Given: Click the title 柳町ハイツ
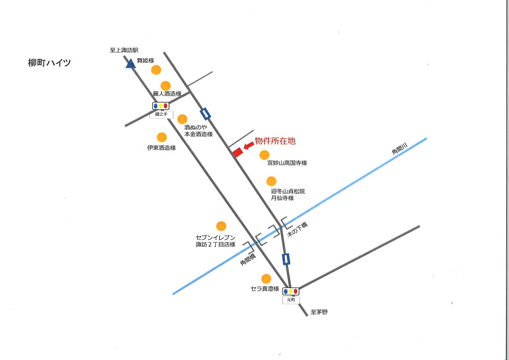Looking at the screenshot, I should pos(49,63).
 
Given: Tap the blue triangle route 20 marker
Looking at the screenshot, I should pos(130,64).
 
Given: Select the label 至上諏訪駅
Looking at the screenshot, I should pos(124,51).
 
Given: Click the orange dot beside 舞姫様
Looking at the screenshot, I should pos(156,70).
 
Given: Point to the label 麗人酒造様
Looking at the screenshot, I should pos(167,93).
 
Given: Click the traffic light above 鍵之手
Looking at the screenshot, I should pos(161,106).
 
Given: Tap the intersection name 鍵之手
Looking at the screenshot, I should pos(161,115).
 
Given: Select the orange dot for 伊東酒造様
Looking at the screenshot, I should pos(161,137).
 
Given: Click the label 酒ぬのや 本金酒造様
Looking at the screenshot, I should pos(198,131).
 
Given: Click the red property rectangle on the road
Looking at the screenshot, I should pos(237,152).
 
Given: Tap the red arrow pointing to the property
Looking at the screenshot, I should pos(248,146).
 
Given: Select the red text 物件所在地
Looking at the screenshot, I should pos(275,141).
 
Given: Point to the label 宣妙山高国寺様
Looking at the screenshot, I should pos(287,163).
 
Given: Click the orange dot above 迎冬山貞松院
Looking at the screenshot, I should pos(271,181).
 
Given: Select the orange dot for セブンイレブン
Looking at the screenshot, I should pos(221,226).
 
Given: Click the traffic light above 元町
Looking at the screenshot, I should pos(291,291).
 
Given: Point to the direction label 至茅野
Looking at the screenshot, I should pos(319,312).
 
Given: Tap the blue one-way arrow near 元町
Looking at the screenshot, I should pos(286,259).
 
